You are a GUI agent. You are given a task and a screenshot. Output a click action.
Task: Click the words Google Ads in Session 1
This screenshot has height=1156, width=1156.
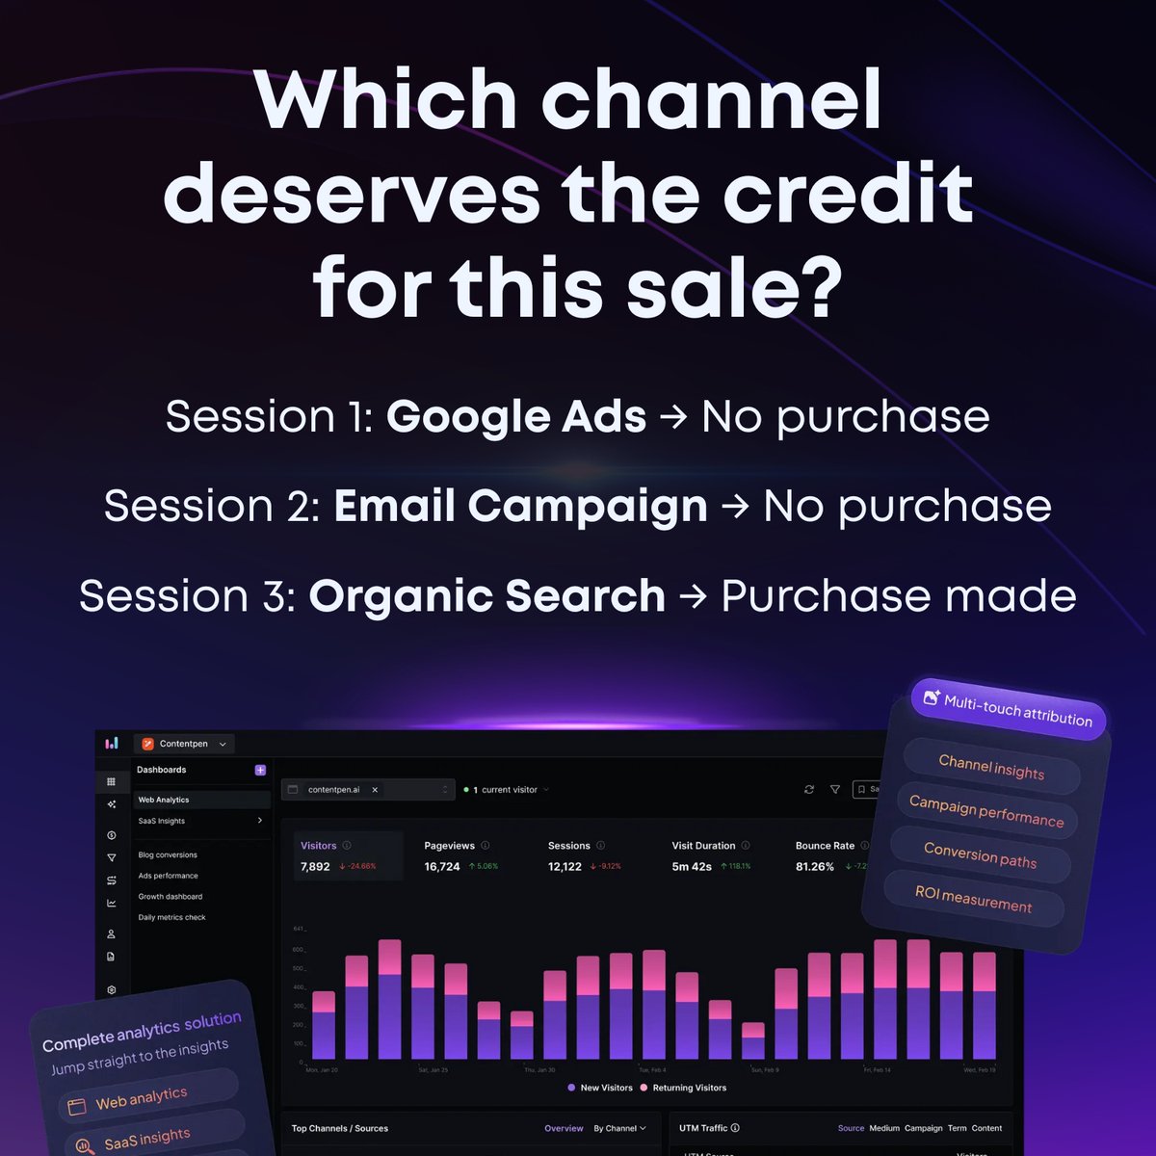[x=516, y=417]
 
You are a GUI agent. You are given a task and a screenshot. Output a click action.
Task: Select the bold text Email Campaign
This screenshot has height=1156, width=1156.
[x=520, y=507]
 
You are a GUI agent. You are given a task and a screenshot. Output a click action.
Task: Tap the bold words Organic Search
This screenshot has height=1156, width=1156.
[x=486, y=596]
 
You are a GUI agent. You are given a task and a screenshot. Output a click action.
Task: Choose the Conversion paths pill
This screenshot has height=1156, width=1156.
[x=980, y=855]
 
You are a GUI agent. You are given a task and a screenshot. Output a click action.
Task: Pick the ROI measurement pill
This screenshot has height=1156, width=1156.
[x=973, y=899]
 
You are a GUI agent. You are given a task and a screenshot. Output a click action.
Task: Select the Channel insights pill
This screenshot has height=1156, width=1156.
[x=991, y=768]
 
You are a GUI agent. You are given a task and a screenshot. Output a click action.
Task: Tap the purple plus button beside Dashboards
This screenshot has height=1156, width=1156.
[x=260, y=770]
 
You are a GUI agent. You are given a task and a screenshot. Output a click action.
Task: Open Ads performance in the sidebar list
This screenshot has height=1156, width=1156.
[x=168, y=876]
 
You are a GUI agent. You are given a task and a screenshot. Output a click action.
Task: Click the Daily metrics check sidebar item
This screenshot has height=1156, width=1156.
[x=171, y=917]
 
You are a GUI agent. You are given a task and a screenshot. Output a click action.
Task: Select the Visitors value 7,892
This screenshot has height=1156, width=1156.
[x=315, y=866]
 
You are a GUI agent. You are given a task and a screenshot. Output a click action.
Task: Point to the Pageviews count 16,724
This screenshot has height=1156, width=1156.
[x=442, y=866]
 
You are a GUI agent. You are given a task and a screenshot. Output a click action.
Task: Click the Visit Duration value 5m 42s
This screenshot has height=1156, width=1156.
[x=692, y=866]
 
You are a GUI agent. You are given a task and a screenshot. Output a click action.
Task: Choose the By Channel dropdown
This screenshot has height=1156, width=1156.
[x=619, y=1128]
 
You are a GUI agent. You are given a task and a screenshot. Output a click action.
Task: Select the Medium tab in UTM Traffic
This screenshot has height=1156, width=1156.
[x=883, y=1128]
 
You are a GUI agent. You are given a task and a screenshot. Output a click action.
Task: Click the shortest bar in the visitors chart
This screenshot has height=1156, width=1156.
[x=753, y=1043]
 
